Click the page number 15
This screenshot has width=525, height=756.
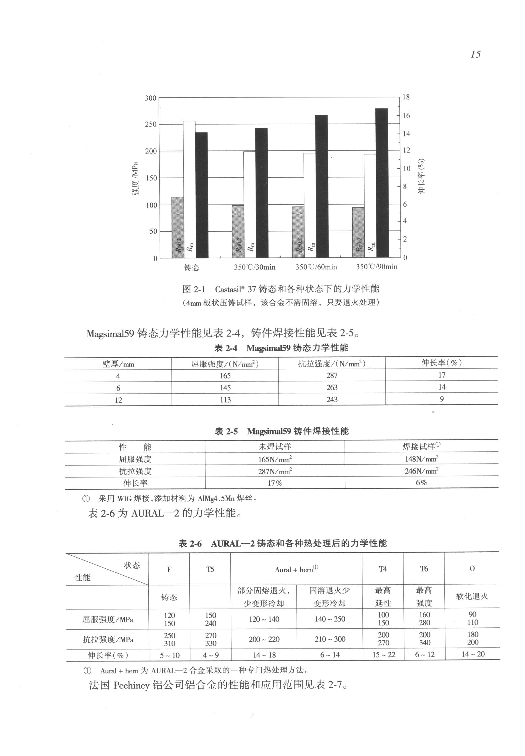[x=475, y=54]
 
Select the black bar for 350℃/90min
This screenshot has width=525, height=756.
[x=382, y=183]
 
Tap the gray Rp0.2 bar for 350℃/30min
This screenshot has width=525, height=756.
[x=238, y=231]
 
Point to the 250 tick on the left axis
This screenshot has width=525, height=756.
[x=151, y=124]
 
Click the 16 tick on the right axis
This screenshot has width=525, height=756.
[x=406, y=116]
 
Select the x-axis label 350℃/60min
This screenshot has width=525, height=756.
[x=316, y=267]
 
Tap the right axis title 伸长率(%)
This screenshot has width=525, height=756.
[x=421, y=176]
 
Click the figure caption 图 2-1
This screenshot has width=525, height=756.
[x=194, y=289]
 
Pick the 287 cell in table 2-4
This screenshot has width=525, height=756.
[x=332, y=376]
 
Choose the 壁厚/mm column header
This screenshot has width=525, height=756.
[x=118, y=364]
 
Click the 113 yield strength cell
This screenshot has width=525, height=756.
[x=225, y=400]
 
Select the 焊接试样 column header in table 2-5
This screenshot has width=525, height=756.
[x=421, y=446]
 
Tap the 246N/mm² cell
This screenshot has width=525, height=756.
[x=421, y=471]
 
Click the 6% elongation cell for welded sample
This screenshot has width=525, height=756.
[x=421, y=483]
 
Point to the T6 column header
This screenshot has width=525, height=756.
[x=424, y=569]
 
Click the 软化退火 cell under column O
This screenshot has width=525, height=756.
[x=472, y=596]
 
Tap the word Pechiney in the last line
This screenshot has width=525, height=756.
[x=131, y=685]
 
